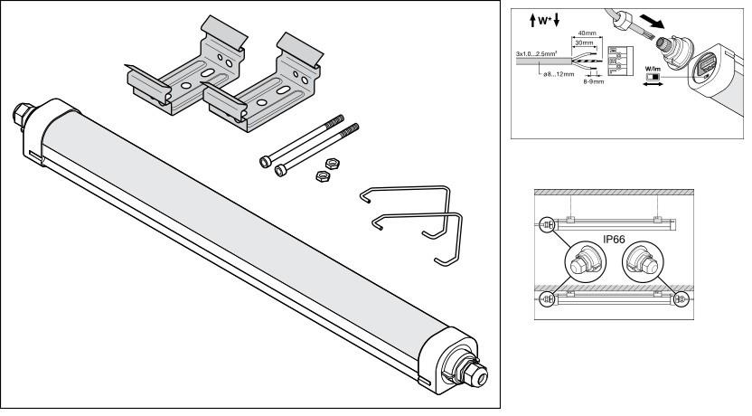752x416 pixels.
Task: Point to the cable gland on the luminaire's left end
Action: click(20, 116)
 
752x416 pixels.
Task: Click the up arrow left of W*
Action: click(520, 18)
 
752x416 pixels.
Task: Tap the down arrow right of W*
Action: click(552, 18)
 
